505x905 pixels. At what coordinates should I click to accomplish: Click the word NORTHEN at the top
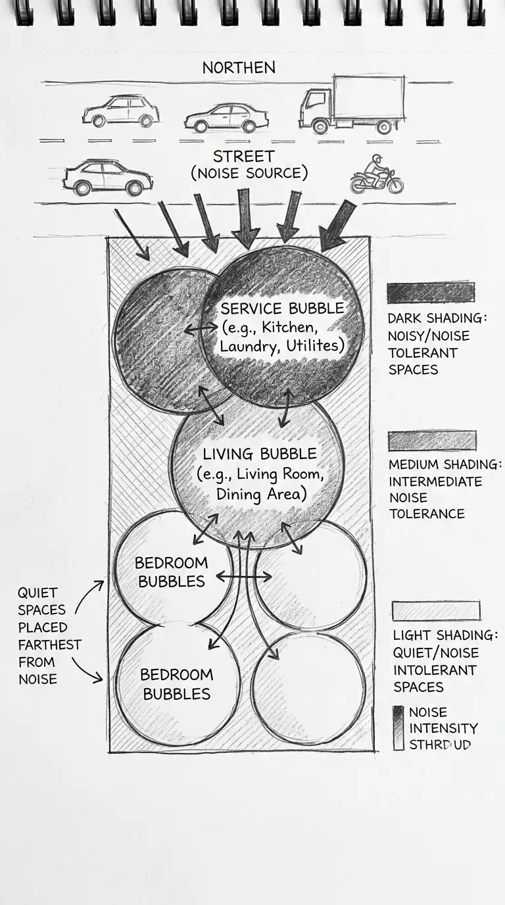pyautogui.click(x=239, y=68)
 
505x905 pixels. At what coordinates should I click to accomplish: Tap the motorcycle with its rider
pyautogui.click(x=376, y=176)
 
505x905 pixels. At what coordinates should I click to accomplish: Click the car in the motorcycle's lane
pyautogui.click(x=107, y=178)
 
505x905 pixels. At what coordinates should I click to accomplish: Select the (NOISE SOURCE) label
pyautogui.click(x=249, y=174)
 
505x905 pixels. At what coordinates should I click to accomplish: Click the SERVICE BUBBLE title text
pyautogui.click(x=282, y=308)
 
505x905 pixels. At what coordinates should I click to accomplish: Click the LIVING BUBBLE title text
pyautogui.click(x=259, y=454)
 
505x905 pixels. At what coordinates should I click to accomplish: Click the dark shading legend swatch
pyautogui.click(x=430, y=293)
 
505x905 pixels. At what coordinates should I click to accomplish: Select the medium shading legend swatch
pyautogui.click(x=432, y=441)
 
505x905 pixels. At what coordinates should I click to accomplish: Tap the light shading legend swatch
pyautogui.click(x=435, y=611)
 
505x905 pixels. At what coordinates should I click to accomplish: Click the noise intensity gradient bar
pyautogui.click(x=398, y=729)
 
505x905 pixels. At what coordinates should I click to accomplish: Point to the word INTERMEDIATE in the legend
pyautogui.click(x=435, y=481)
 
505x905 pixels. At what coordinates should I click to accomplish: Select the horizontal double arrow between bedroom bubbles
pyautogui.click(x=243, y=577)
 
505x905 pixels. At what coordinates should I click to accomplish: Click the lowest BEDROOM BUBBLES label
pyautogui.click(x=177, y=684)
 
